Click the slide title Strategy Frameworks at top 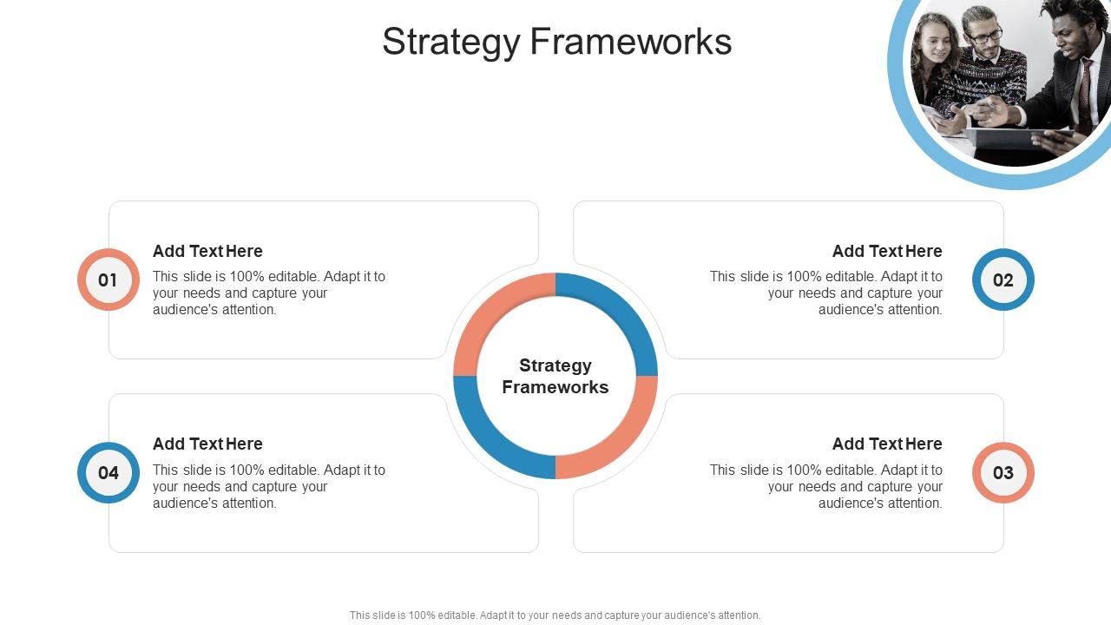click(x=556, y=42)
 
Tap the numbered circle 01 click(x=108, y=280)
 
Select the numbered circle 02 click(x=1003, y=280)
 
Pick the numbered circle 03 click(x=1003, y=472)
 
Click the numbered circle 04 click(x=108, y=472)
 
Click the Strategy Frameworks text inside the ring click(x=555, y=376)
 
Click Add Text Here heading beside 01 click(x=207, y=251)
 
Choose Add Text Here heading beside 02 click(x=887, y=251)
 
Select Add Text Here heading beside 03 click(x=887, y=444)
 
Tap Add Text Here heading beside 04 click(x=207, y=444)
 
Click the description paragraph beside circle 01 click(x=269, y=293)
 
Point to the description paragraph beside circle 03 click(x=826, y=486)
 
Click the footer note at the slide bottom click(x=555, y=615)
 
